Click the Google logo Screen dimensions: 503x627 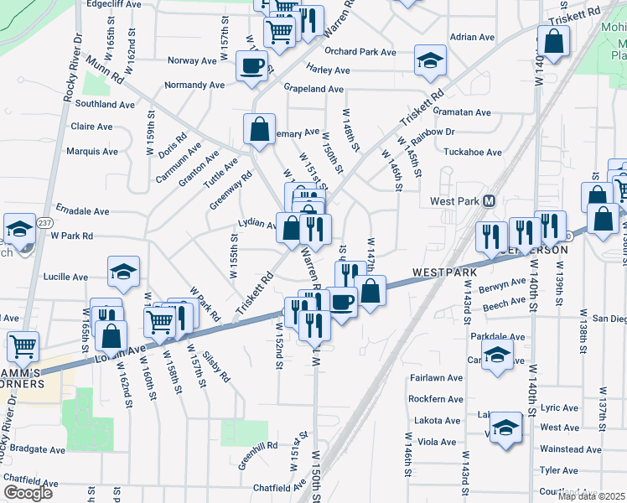point(28,493)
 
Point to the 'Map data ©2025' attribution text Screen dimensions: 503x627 point(590,496)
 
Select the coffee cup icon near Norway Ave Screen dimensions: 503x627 point(251,65)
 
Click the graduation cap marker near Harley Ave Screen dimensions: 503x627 point(430,60)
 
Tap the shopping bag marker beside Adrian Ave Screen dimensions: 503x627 point(553,41)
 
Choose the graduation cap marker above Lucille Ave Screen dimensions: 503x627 point(123,271)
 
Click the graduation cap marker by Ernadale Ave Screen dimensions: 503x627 point(18,228)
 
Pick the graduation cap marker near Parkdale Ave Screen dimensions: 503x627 point(497,353)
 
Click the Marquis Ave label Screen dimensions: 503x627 point(93,152)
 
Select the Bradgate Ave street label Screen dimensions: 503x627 point(34,450)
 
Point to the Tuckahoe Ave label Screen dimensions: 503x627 point(472,153)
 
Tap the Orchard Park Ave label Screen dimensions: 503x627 point(360,52)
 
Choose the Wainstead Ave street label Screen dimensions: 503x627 point(570,450)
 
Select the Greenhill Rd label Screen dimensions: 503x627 point(258,461)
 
